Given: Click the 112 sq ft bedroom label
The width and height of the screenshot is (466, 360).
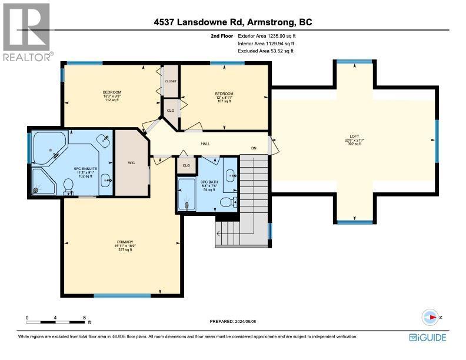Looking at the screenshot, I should pos(112,96).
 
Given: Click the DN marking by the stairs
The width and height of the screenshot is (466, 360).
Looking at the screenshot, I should pos(255,148).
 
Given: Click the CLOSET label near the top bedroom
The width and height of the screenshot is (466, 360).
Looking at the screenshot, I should pos(171,82).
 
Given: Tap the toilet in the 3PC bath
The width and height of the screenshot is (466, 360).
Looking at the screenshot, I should pos(227,203).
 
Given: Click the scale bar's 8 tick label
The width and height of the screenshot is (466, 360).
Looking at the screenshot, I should pos(85,318).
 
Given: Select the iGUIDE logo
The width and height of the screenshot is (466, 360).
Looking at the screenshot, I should pos(427,337).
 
